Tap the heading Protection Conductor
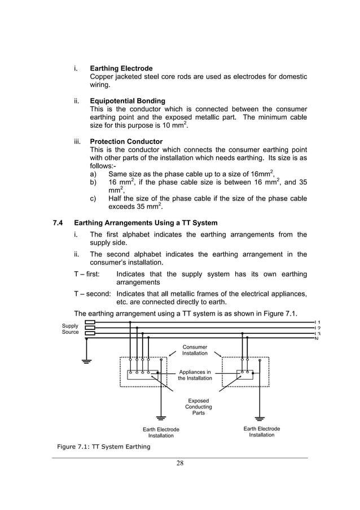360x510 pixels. pos(126,141)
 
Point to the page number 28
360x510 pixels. pos(179,464)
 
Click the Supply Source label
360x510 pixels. pos(71,329)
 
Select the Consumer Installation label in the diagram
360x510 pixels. pos(195,350)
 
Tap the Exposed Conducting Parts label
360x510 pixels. pos(199,407)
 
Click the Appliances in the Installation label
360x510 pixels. pos(195,375)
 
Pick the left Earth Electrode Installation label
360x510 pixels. pos(161,433)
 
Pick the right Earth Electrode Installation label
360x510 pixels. pos(262,432)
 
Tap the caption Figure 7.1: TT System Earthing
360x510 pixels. pos(103,447)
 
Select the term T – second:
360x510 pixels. pos(93,294)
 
